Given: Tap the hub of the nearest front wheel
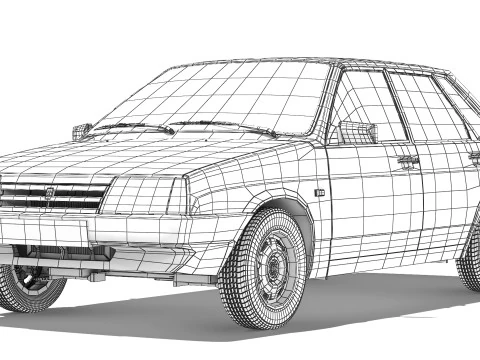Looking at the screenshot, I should click(273, 269).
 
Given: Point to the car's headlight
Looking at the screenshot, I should click(144, 196).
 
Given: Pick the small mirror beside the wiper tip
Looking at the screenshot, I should click(81, 130).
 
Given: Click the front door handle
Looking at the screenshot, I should click(407, 159).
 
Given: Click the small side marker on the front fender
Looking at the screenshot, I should click(320, 191).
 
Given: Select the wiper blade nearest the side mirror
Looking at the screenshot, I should click(225, 127).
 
